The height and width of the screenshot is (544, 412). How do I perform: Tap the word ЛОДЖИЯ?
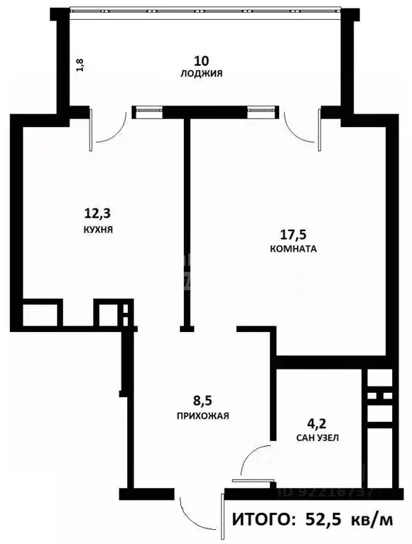click(202, 73)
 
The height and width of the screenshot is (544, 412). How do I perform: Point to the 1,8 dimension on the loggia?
click(81, 65)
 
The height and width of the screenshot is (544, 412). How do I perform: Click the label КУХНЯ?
click(97, 231)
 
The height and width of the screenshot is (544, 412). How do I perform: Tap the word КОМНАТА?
click(293, 250)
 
